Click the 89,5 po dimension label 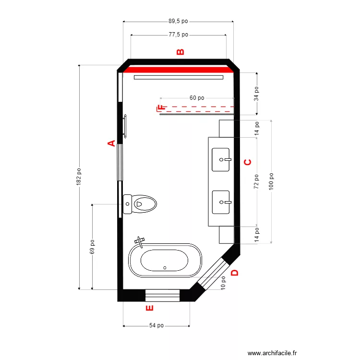(178, 21)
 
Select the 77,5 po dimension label (178, 35)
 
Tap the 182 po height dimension (79, 176)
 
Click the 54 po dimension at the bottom (156, 325)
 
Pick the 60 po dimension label (197, 97)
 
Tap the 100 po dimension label (271, 182)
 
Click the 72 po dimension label (257, 181)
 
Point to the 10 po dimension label (223, 283)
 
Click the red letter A (111, 143)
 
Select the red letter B (180, 52)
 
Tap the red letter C (248, 162)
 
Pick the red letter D (235, 273)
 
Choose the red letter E (149, 308)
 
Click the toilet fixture (140, 204)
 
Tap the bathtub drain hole (165, 267)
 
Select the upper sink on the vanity (221, 159)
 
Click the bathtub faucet (140, 241)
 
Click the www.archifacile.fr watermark (273, 352)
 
